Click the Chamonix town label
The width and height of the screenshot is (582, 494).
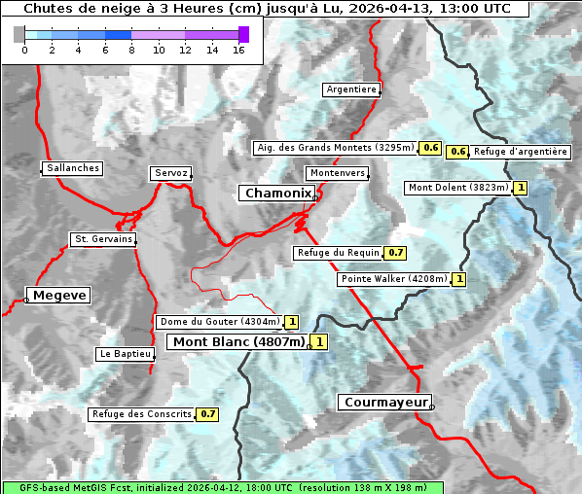(x=277, y=194)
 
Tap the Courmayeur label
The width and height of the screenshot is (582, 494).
(x=385, y=402)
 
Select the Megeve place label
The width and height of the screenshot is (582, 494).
(x=59, y=295)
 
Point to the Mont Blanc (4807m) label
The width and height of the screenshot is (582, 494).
(x=238, y=341)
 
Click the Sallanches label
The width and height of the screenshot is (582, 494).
(x=73, y=168)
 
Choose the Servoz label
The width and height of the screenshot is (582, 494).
(x=170, y=173)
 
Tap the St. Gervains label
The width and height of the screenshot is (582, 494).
(x=103, y=239)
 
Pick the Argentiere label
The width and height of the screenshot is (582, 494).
(x=351, y=89)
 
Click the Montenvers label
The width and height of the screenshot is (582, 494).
(x=337, y=173)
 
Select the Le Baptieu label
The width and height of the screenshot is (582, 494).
(x=125, y=354)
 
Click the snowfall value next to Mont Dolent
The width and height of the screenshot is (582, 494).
(x=521, y=188)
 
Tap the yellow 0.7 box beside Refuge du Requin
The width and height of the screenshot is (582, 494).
(x=395, y=253)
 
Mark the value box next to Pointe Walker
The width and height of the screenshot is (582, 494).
(x=458, y=279)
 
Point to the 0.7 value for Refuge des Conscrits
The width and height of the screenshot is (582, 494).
(x=207, y=414)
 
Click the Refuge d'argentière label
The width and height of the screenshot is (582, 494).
(x=521, y=152)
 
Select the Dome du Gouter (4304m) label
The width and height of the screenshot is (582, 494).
(x=219, y=322)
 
